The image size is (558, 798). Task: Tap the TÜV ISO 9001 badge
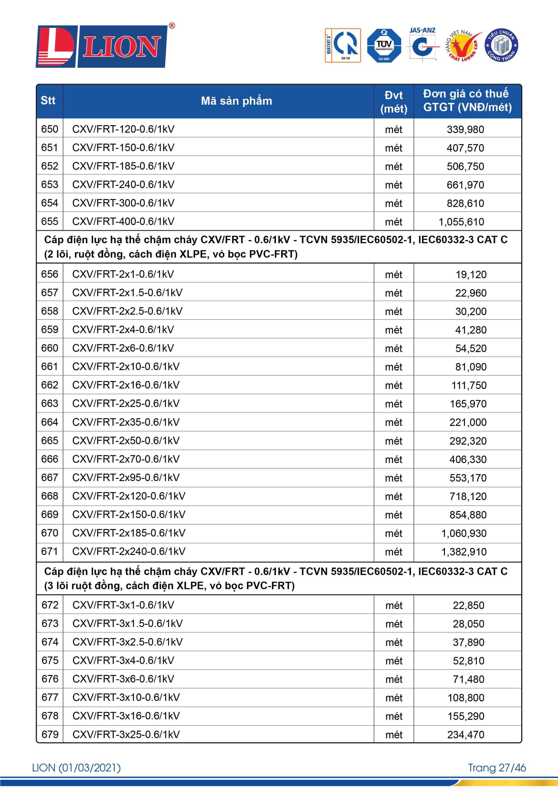coord(384,45)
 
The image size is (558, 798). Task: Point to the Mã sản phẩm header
coord(236,101)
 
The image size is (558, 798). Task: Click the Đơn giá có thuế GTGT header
coord(467,101)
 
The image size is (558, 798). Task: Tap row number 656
coord(50,274)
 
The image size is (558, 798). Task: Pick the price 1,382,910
coord(464,552)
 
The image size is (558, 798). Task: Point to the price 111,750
coord(469,385)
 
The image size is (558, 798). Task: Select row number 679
coord(50,734)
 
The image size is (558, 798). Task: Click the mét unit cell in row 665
coord(394,441)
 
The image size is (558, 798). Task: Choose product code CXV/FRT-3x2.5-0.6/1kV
coord(127,642)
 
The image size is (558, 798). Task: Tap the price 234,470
coord(466,735)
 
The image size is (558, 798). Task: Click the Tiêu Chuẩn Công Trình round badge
coord(501,45)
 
